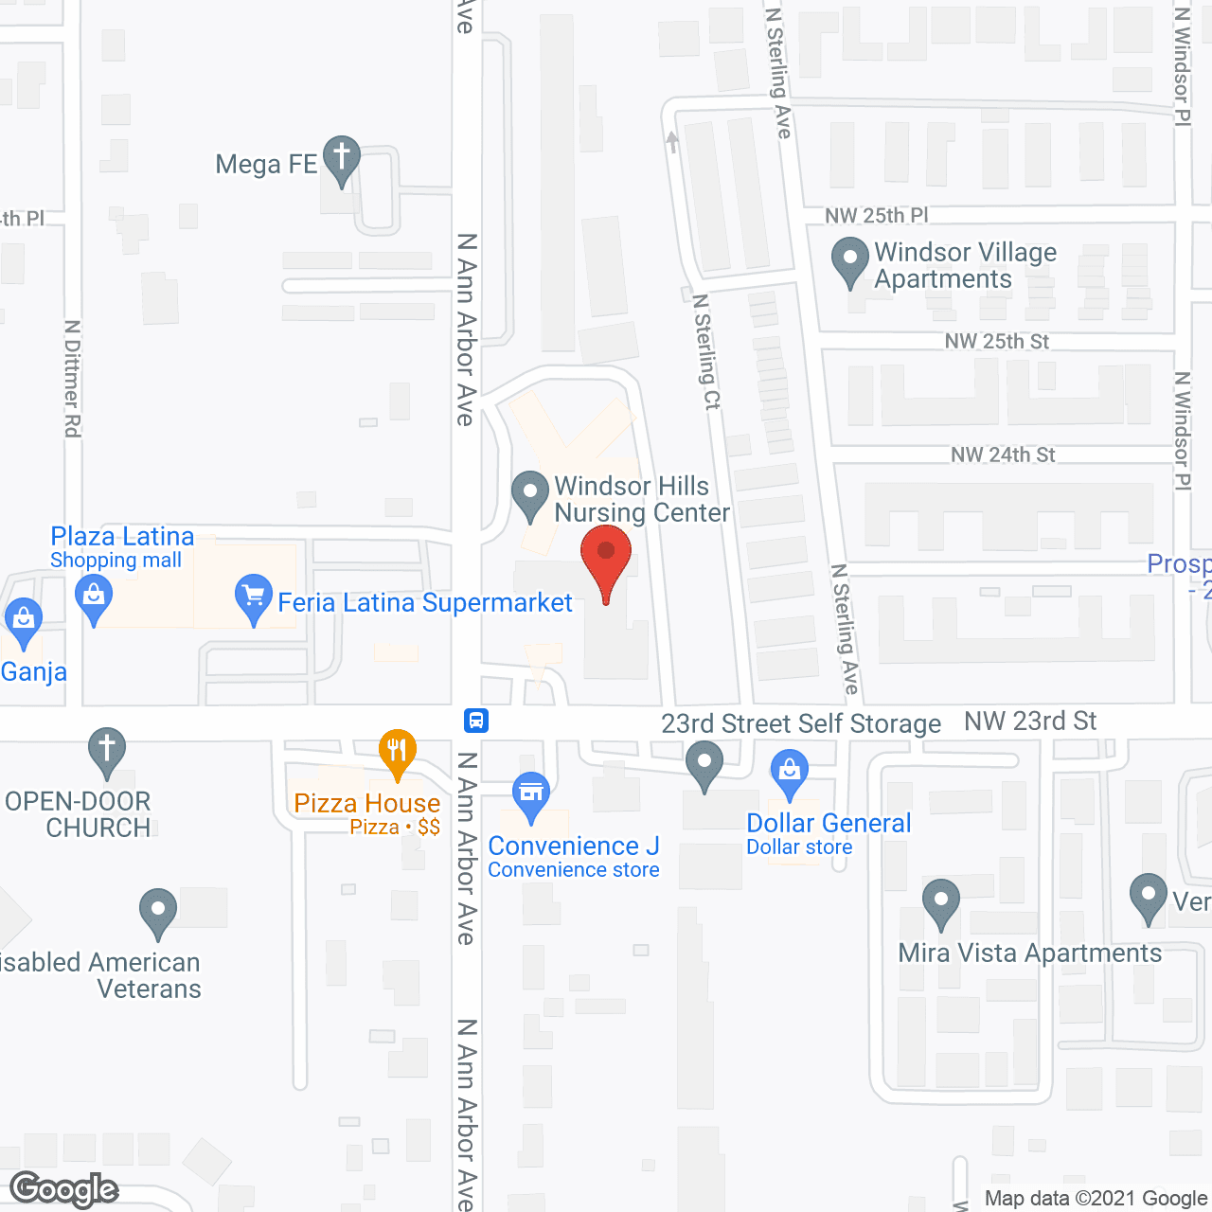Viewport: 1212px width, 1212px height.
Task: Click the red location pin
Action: (x=606, y=560)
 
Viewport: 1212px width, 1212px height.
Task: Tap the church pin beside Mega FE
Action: (x=341, y=158)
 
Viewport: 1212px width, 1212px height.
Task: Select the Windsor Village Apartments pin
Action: (x=849, y=259)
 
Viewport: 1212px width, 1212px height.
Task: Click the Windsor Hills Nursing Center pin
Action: (x=529, y=494)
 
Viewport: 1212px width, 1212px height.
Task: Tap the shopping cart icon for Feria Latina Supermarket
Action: (x=253, y=597)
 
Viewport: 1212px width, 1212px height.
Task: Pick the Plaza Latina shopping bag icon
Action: (x=93, y=598)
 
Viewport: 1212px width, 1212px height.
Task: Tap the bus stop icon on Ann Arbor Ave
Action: (x=476, y=721)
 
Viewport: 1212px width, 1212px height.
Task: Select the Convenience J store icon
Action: (x=531, y=794)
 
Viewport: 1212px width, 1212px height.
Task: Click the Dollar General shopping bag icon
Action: (x=789, y=772)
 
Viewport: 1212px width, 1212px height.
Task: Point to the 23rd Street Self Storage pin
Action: (x=704, y=763)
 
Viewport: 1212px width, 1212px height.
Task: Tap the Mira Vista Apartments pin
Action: (x=940, y=901)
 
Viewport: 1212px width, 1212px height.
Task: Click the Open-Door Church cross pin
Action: (x=107, y=751)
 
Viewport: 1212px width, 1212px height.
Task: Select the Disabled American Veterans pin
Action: (x=158, y=912)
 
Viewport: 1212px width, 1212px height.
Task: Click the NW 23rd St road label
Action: (x=1030, y=722)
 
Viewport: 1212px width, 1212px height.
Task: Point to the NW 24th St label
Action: (x=1003, y=455)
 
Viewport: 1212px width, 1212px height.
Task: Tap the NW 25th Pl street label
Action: (x=876, y=216)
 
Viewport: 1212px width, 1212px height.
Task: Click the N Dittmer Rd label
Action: (x=72, y=379)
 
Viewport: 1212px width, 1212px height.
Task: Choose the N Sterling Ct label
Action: (x=706, y=351)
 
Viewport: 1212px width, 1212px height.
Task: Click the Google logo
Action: (x=64, y=1189)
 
